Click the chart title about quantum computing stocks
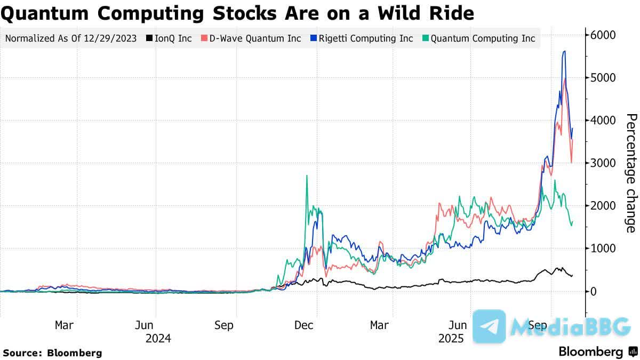point(237,13)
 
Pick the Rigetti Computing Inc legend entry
point(363,38)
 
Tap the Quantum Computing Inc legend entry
point(478,38)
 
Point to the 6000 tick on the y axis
point(603,35)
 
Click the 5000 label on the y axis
point(603,78)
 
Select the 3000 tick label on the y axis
point(603,163)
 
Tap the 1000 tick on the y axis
point(603,249)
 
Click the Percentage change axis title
point(630,173)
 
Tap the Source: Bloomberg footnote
point(52,353)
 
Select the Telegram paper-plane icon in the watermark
point(489,326)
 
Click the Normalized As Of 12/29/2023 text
point(70,38)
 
